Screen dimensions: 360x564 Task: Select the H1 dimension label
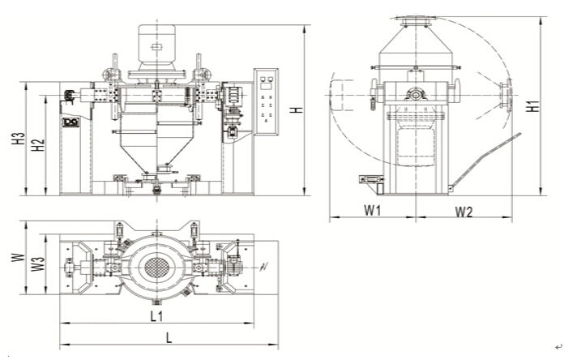(532, 105)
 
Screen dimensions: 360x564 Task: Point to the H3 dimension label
(19, 139)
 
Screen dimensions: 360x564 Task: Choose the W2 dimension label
(464, 212)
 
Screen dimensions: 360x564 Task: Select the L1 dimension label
(157, 314)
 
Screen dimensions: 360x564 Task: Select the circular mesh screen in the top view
(154, 265)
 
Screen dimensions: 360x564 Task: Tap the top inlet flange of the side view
(415, 19)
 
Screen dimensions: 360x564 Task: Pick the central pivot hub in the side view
(415, 94)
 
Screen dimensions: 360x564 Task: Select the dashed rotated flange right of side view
(505, 95)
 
